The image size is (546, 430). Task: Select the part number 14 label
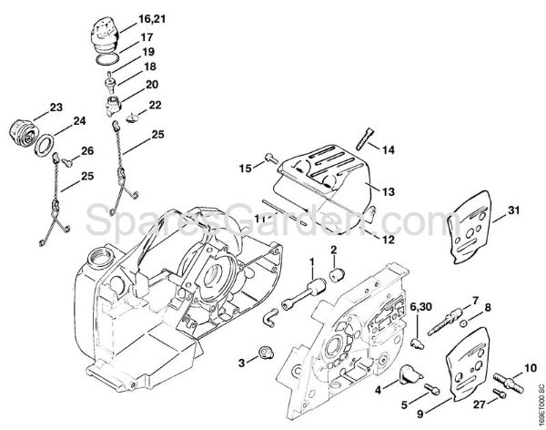click(x=388, y=148)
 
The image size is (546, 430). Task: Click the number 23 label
click(x=56, y=107)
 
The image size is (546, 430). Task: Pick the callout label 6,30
click(x=420, y=305)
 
